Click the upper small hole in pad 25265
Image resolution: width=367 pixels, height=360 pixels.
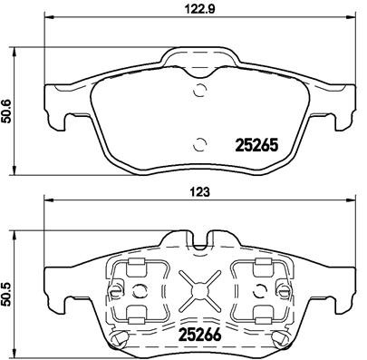(199, 89)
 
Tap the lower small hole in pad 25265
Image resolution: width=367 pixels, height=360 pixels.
(199, 141)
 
